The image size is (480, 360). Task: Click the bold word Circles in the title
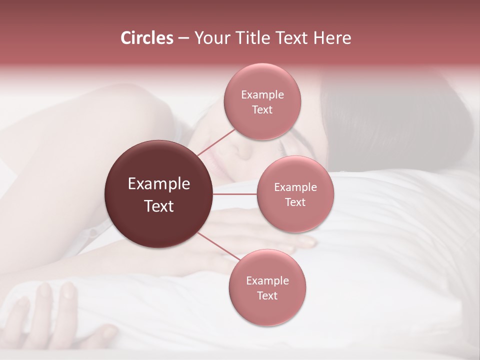146,38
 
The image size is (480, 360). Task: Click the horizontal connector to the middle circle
235,194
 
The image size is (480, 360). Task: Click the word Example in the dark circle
159,183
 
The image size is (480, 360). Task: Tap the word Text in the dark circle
159,206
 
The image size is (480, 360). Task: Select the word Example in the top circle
262,95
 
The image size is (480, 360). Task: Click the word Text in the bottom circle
267,295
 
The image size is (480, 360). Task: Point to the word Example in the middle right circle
295,187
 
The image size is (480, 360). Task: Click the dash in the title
183,38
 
